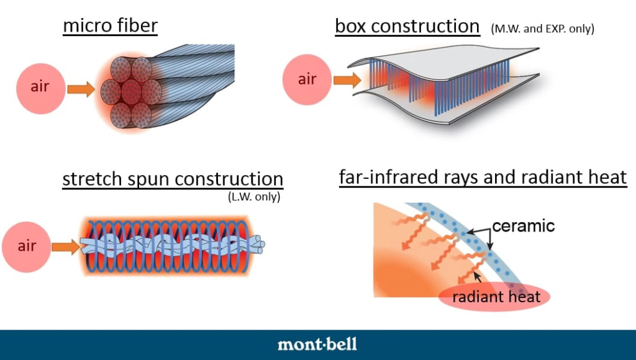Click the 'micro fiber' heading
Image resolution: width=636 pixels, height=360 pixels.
(x=110, y=27)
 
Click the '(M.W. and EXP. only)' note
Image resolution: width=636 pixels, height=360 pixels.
(x=542, y=29)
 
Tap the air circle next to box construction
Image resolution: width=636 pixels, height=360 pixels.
(x=307, y=79)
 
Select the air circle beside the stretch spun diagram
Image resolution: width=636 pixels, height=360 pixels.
(x=27, y=246)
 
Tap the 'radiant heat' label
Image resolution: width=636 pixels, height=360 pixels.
(x=496, y=297)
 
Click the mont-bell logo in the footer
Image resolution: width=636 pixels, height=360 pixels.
(x=317, y=344)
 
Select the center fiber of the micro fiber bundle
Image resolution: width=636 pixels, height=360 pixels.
(x=131, y=91)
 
